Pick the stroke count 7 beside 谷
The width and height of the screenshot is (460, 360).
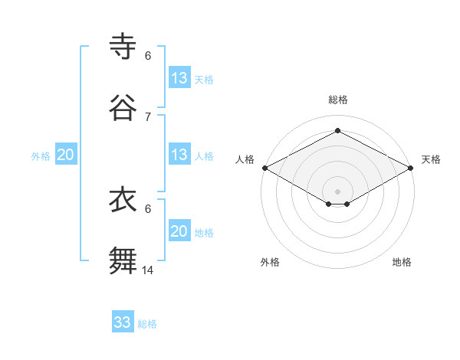coord(148,116)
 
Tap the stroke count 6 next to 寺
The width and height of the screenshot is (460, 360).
coord(148,56)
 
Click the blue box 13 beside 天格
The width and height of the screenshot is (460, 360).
coord(179,78)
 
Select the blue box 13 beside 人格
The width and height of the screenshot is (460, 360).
coord(179,155)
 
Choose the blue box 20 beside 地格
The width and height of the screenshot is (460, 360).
coord(179,231)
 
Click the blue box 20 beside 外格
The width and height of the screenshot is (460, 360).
coord(66,155)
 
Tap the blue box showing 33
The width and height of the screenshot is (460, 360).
coord(123,322)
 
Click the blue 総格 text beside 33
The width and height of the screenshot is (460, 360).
coord(147,324)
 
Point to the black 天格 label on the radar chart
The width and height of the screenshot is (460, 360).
coord(431,159)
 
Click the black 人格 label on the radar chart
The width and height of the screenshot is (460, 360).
coord(245,159)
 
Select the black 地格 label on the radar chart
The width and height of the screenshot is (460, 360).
coord(402,262)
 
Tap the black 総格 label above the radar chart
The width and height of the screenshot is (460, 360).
coord(338,100)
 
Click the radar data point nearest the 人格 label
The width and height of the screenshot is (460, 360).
coord(264,168)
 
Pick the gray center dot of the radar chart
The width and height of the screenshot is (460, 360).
coord(338,191)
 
